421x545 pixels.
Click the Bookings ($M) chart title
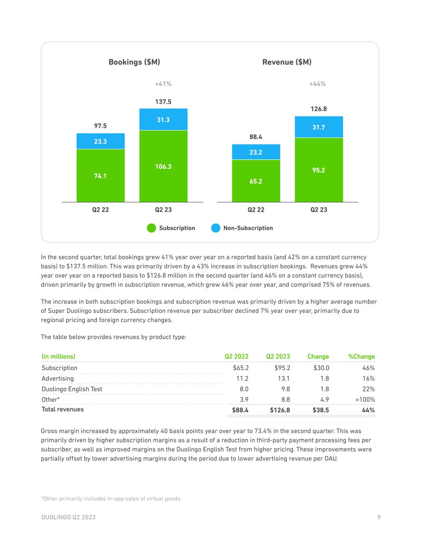point(134,62)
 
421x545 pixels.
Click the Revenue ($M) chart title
point(287,62)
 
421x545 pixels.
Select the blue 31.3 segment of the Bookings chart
point(163,119)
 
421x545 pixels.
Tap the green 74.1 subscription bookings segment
point(100,176)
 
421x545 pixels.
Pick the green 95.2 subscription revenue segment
point(318,170)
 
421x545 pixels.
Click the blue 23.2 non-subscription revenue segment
point(256,152)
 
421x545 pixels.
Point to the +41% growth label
point(163,84)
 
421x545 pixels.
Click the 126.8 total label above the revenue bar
point(318,109)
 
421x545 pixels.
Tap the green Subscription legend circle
point(152,228)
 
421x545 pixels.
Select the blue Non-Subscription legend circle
point(215,228)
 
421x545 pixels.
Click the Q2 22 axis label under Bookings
point(100,210)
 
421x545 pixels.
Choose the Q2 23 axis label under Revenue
point(318,210)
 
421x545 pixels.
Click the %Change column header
point(361,357)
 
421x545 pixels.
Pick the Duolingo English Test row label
point(72,389)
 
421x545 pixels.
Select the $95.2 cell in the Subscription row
point(282,368)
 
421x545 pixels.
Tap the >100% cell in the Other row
point(365,399)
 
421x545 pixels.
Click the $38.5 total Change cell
point(320,410)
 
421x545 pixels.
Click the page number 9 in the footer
point(379,517)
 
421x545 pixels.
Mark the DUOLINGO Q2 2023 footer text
point(68,517)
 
